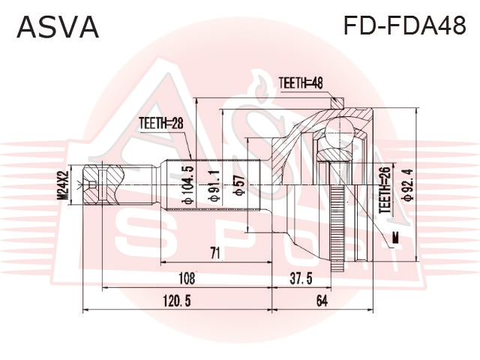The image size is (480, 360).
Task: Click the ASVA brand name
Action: [x=58, y=27]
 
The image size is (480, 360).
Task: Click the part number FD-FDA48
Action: [x=405, y=25]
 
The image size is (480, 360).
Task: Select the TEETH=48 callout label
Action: [x=301, y=82]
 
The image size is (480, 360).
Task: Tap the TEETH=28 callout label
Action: [x=161, y=123]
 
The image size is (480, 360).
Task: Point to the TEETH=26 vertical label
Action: [x=385, y=190]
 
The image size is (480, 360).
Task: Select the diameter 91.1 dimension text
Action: [x=214, y=186]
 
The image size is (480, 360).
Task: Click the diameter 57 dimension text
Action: [x=238, y=185]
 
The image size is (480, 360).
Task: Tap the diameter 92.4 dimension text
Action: [x=408, y=185]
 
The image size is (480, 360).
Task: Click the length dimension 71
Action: [x=215, y=253]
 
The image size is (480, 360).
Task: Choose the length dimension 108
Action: [x=187, y=278]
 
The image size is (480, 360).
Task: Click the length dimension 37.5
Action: [x=301, y=278]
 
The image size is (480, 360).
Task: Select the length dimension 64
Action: [x=322, y=301]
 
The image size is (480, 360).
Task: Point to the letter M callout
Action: [x=396, y=238]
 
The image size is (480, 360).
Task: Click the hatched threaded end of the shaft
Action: [x=91, y=185]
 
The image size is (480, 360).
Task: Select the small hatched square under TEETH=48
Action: [x=338, y=103]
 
